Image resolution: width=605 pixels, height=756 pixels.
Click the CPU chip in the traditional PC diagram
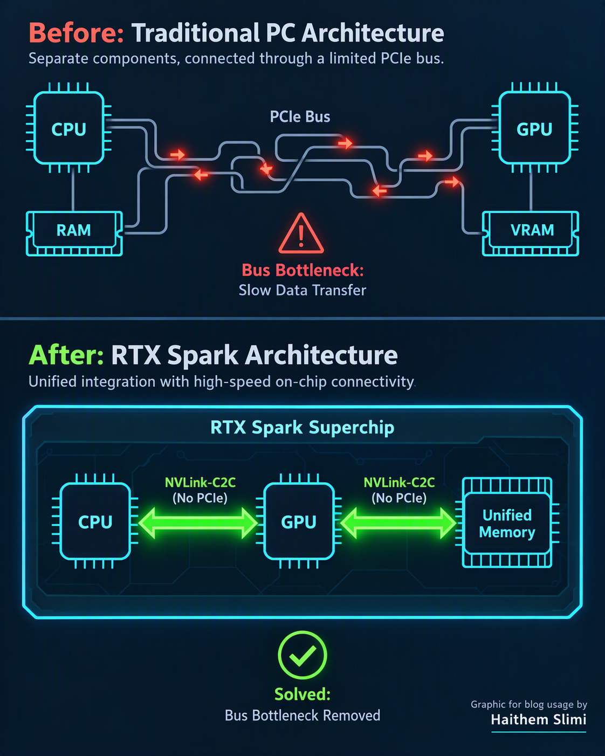pyautogui.click(x=69, y=128)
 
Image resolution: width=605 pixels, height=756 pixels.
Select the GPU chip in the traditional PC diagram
pyautogui.click(x=534, y=128)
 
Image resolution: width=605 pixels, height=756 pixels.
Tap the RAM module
pyautogui.click(x=74, y=233)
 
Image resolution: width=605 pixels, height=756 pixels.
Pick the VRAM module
pyautogui.click(x=531, y=233)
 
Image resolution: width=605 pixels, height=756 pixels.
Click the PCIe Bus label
pyautogui.click(x=300, y=116)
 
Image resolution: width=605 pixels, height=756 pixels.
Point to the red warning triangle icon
pyautogui.click(x=301, y=233)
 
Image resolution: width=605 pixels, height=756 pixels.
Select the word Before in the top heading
pyautogui.click(x=76, y=33)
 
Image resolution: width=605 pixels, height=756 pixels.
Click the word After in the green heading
pyautogui.click(x=66, y=355)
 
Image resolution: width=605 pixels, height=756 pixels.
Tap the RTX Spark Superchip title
pyautogui.click(x=302, y=428)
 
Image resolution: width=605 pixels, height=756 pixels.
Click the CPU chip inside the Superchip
pyautogui.click(x=95, y=521)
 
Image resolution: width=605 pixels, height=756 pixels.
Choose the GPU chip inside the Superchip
pyautogui.click(x=299, y=521)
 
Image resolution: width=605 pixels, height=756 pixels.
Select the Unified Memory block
pyautogui.click(x=507, y=523)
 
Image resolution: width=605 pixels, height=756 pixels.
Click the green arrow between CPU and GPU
pyautogui.click(x=198, y=523)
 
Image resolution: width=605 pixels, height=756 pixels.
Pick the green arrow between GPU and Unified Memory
pyautogui.click(x=398, y=523)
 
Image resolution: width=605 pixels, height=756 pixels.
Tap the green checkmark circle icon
pyautogui.click(x=302, y=655)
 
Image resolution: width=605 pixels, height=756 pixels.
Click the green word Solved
pyautogui.click(x=302, y=695)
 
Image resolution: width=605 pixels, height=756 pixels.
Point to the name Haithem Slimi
pyautogui.click(x=539, y=720)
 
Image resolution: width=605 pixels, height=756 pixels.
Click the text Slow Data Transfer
pyautogui.click(x=302, y=291)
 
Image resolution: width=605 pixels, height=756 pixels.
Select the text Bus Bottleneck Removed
pyautogui.click(x=302, y=716)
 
